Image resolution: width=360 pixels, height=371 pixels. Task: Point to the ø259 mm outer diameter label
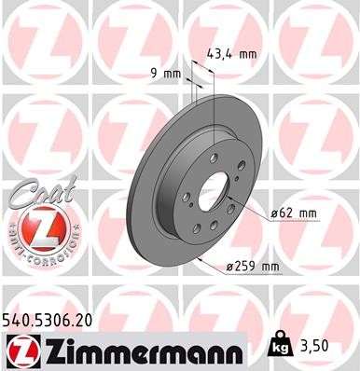point(254,269)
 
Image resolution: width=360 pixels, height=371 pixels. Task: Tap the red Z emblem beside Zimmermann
point(21,348)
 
